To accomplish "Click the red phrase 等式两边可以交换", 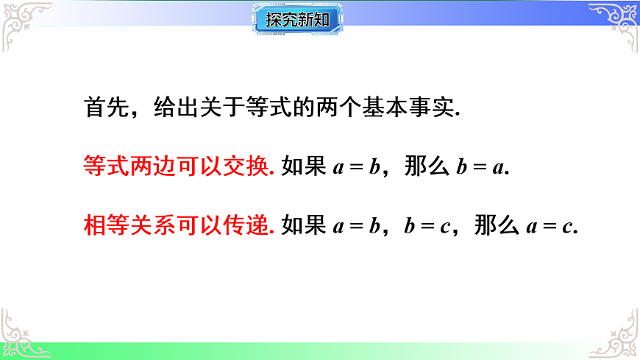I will [179, 166].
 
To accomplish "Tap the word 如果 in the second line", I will [303, 166].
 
